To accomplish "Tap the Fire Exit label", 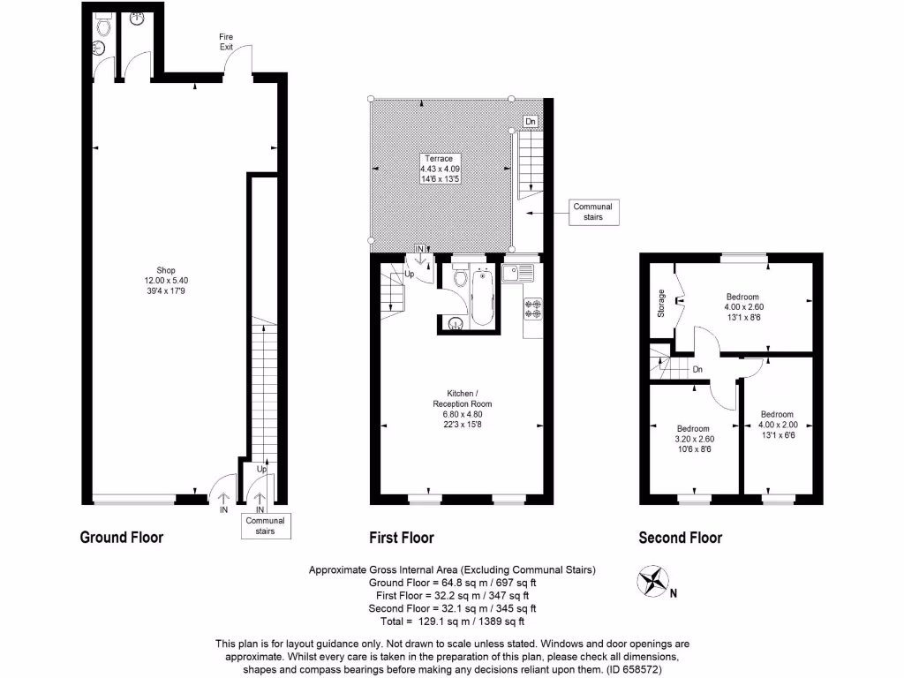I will [x=227, y=41].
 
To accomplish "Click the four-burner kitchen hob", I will [x=533, y=308].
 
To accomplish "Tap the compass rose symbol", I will [x=652, y=584].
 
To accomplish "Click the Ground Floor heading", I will [x=122, y=537].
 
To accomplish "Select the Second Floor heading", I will [x=680, y=538].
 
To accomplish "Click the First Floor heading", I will [x=401, y=538].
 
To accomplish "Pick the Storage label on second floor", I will [x=661, y=303].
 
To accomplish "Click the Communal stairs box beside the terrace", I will [x=592, y=212].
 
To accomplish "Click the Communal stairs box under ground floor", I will [x=266, y=526].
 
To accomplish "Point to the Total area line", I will [x=451, y=621].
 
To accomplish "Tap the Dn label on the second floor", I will [x=697, y=369].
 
